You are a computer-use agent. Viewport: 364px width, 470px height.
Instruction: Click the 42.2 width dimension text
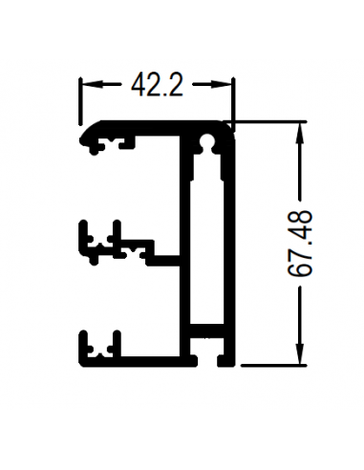click(158, 85)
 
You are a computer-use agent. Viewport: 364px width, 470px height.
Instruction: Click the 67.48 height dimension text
click(300, 244)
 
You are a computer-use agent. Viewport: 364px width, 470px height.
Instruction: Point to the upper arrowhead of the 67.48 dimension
click(299, 133)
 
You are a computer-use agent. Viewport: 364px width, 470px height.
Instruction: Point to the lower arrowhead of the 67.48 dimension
click(299, 353)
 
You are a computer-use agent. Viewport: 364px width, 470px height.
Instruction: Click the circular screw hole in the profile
click(207, 140)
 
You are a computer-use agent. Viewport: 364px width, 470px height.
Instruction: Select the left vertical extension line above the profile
click(80, 100)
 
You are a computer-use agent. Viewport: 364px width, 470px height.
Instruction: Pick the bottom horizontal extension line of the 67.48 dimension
click(274, 365)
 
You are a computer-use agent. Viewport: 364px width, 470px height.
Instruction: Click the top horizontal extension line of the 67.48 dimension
click(266, 121)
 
